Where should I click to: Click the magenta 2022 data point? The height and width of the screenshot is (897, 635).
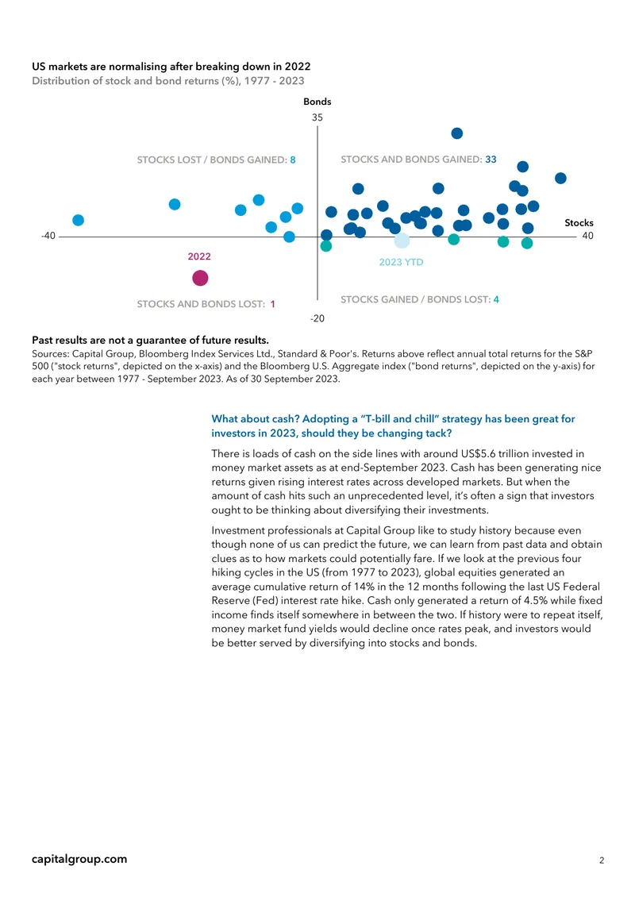point(200,278)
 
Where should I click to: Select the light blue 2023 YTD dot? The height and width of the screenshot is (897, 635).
point(402,241)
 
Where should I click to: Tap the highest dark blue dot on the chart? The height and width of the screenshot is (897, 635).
point(457,133)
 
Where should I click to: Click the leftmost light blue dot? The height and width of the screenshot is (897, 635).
point(79,220)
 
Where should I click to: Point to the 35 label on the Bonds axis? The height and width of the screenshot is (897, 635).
point(317,117)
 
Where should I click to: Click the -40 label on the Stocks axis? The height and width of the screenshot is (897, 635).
point(48,236)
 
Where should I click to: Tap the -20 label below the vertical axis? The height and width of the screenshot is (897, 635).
point(317,318)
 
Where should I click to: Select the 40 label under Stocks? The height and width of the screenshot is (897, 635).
point(587,236)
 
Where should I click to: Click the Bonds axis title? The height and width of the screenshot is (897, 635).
point(317,102)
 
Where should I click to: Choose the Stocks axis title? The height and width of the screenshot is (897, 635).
point(579,222)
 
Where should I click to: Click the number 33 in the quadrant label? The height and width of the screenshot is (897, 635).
point(491,160)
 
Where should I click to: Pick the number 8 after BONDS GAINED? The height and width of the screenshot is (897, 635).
point(293,160)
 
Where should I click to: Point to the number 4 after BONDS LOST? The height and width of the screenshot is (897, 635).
point(496,300)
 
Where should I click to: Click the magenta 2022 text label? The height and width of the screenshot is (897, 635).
point(199,256)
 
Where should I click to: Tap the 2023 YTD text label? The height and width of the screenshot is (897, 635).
point(401,262)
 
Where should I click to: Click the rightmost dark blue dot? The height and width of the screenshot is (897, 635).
point(560,179)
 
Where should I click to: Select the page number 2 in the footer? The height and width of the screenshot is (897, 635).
point(602,860)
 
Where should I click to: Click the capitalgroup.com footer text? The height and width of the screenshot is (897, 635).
point(79,859)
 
